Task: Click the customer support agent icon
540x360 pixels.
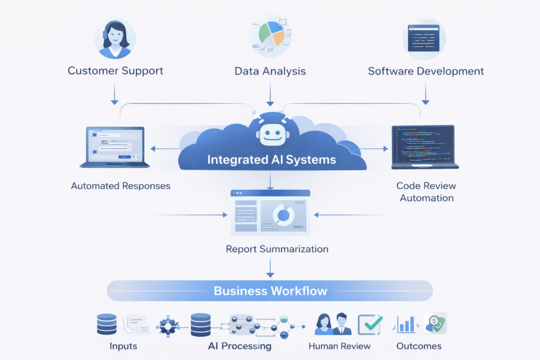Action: pos(115,38)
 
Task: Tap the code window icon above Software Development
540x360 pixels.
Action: pos(423,38)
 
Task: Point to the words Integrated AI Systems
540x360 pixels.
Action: pos(272,160)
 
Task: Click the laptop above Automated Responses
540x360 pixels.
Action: pos(114,147)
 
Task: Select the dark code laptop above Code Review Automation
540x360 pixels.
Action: pos(425,147)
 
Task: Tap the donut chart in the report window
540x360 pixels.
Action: pos(283,215)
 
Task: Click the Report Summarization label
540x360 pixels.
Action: pos(277,249)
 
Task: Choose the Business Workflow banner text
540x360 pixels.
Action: pos(271,291)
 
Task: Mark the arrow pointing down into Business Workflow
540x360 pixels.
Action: pos(271,268)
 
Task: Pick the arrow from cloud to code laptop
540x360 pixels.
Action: pos(374,149)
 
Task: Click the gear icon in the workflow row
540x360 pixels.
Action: pos(168,326)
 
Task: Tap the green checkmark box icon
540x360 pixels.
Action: pos(370,325)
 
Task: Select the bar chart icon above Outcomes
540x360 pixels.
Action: pos(406,324)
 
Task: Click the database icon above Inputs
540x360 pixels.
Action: pos(107,324)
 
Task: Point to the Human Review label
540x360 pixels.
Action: pos(340,346)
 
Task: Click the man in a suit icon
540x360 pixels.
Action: pos(342,324)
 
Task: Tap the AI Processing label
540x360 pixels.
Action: pos(240,346)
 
